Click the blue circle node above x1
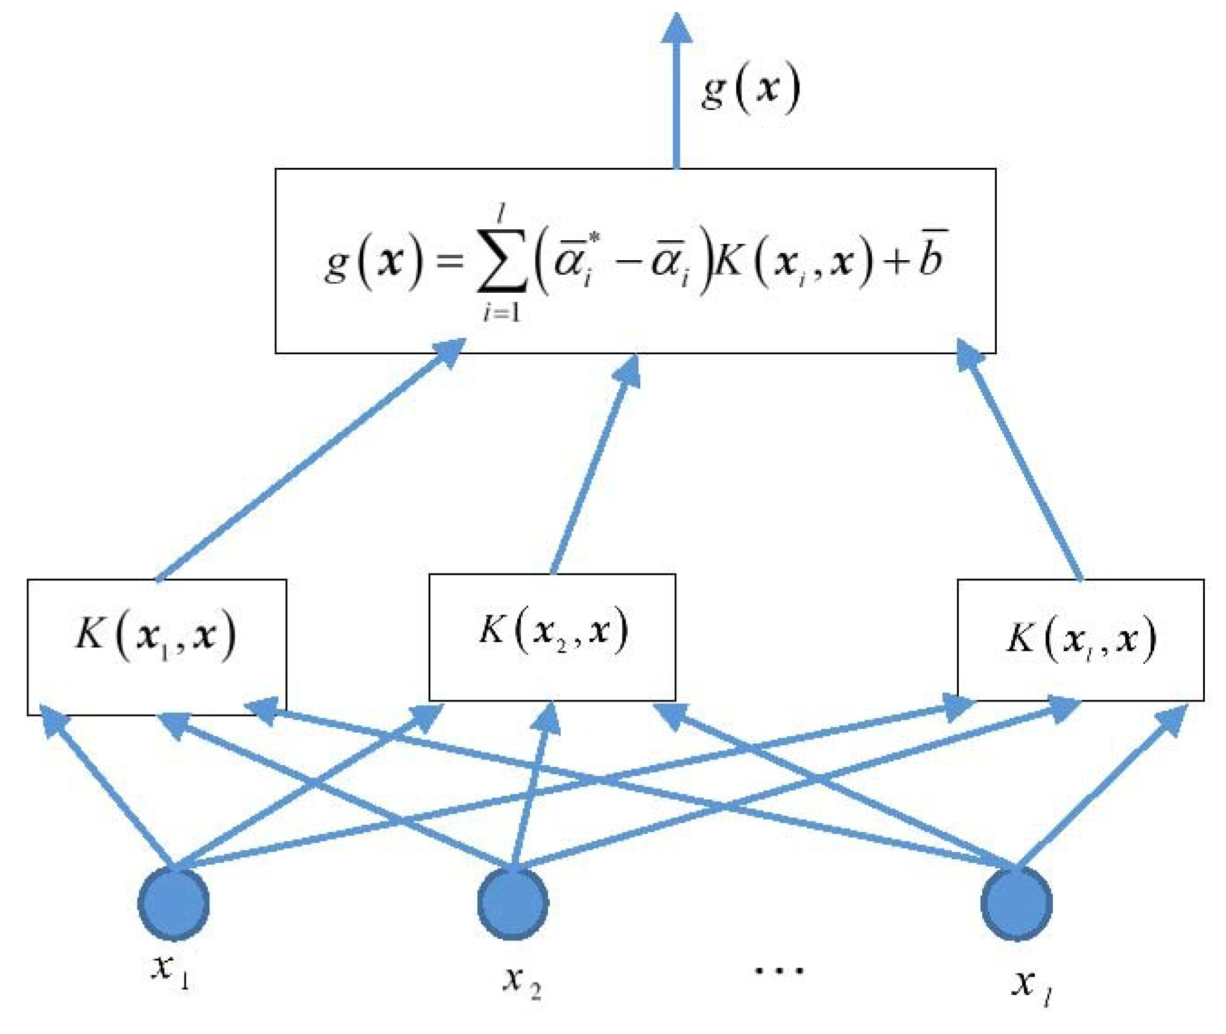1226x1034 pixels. click(x=174, y=904)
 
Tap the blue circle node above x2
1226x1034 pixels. click(x=513, y=904)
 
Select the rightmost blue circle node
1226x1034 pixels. click(x=1017, y=904)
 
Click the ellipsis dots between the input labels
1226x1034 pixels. click(x=779, y=971)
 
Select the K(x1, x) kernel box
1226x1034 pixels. click(x=156, y=647)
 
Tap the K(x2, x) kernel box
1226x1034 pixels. click(x=551, y=637)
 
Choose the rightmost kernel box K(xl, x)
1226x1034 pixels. click(x=1080, y=640)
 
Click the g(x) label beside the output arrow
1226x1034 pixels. click(x=751, y=89)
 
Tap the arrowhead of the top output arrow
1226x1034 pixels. click(x=676, y=29)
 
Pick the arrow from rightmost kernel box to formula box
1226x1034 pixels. click(x=1020, y=465)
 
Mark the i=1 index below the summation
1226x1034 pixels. click(x=501, y=313)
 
